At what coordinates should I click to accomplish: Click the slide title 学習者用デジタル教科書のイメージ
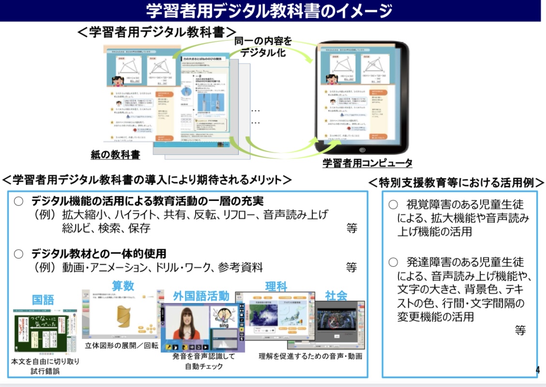269,10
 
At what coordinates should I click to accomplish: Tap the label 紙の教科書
115,155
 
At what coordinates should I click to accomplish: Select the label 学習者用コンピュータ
367,163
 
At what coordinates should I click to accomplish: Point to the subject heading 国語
43,299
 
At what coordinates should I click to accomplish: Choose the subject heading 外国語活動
201,296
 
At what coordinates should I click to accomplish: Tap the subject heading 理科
276,287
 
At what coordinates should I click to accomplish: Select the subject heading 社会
336,295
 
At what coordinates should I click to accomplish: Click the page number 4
537,371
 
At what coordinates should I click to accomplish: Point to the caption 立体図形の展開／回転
121,346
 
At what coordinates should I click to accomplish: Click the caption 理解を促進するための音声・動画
310,356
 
